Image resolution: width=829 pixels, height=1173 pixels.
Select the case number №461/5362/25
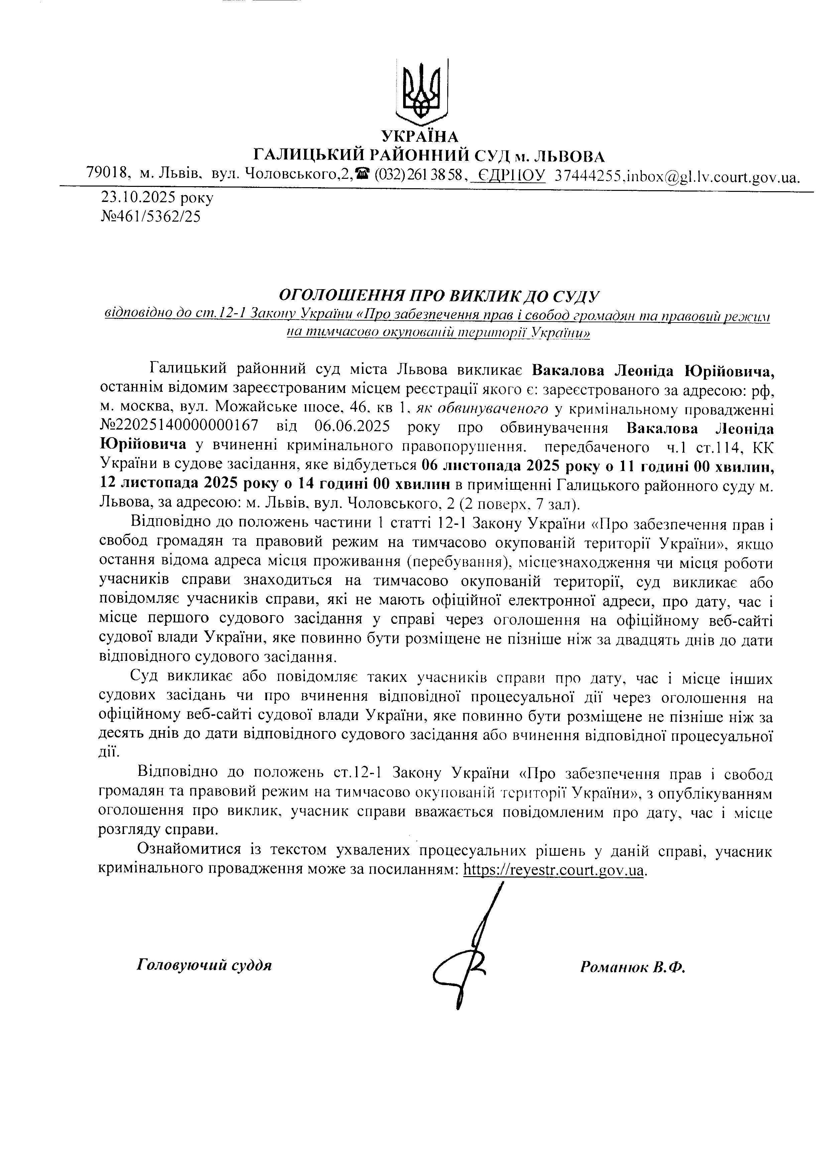click(x=151, y=217)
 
